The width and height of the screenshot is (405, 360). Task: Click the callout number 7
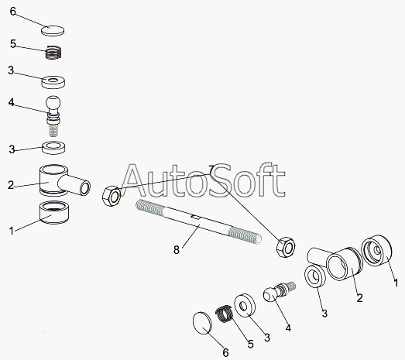click(211, 170)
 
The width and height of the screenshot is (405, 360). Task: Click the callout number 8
click(177, 250)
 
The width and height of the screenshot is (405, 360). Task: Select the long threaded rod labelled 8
click(198, 221)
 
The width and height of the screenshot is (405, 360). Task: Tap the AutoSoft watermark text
click(204, 180)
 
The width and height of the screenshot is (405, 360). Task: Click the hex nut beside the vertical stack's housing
click(112, 196)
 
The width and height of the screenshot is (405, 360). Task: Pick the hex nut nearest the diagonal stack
click(286, 247)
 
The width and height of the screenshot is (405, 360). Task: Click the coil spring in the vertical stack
click(53, 52)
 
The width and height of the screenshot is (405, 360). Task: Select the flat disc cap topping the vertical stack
click(53, 30)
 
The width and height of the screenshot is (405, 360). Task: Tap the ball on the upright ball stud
click(53, 103)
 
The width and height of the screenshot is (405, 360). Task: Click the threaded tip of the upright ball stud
click(53, 130)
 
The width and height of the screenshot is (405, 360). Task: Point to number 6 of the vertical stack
click(13, 12)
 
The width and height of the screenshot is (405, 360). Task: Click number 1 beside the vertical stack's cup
click(12, 231)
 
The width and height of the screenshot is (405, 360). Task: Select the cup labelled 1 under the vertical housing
click(54, 212)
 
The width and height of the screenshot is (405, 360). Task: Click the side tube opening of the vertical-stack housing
click(84, 188)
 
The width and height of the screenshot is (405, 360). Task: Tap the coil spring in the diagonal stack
click(225, 314)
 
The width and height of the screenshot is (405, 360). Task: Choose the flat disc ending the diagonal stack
click(203, 323)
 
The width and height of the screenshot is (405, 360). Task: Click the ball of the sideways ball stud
click(270, 295)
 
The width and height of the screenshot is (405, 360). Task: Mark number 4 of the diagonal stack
click(288, 327)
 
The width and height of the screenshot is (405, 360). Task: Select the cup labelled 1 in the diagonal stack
click(377, 250)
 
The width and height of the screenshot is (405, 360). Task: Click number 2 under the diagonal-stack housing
click(359, 298)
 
